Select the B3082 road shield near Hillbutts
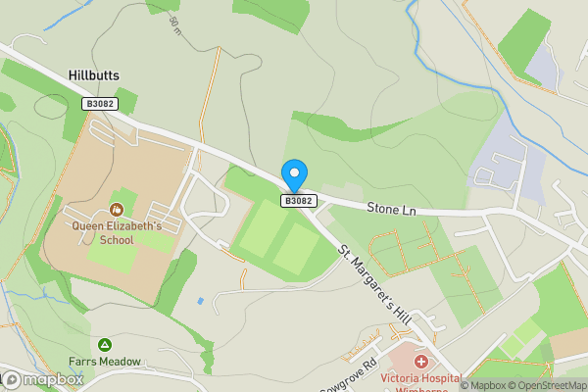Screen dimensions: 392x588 point(98,103)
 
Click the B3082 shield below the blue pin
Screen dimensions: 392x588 point(299,201)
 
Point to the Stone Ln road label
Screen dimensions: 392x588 point(391,208)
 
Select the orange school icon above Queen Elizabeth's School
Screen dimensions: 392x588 point(116,209)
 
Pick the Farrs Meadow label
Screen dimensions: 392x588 point(104,361)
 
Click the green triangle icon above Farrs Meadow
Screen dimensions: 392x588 point(104,344)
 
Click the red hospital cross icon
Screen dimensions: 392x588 point(408,363)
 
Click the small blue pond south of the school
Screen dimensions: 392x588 point(200,299)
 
